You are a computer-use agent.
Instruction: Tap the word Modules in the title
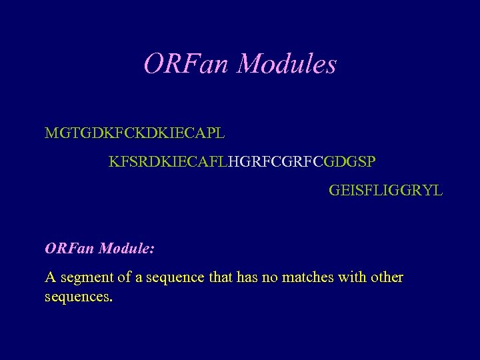287,64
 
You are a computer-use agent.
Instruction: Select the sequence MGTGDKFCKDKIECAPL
135,133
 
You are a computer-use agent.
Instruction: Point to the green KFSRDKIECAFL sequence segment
168,162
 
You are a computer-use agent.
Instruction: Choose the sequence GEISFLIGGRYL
385,191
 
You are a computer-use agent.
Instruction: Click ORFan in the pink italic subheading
69,249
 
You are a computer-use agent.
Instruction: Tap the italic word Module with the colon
127,249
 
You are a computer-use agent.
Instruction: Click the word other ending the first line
387,277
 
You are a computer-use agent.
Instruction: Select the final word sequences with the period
79,296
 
